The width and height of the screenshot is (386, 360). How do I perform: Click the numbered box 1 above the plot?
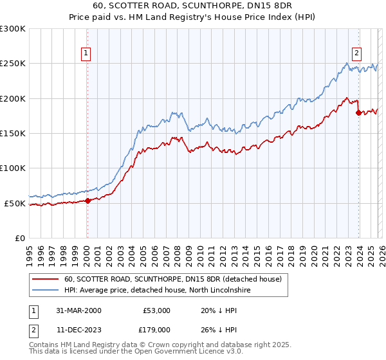(x=86, y=54)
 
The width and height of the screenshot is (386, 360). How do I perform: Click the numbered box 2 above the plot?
(x=356, y=54)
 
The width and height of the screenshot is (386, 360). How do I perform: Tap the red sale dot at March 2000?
(x=87, y=201)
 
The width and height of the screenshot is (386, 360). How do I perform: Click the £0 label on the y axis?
(x=20, y=238)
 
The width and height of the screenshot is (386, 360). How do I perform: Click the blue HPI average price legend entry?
(x=155, y=291)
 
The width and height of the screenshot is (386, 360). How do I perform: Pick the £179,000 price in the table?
(x=156, y=329)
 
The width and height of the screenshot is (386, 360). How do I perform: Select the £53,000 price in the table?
(x=156, y=310)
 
